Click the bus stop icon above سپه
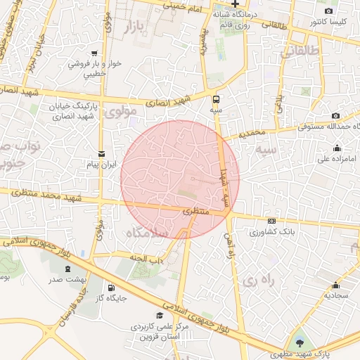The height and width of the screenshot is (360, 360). [215, 99]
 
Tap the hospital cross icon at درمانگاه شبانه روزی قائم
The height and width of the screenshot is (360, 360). [236, 4]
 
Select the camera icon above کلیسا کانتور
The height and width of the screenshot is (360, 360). [328, 11]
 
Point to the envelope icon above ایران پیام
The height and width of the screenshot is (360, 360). [102, 154]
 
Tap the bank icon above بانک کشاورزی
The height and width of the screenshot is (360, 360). [272, 221]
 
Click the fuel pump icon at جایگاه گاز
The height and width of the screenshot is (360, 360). [111, 287]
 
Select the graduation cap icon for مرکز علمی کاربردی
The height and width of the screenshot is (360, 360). [160, 315]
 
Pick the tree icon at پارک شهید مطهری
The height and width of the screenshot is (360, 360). [301, 342]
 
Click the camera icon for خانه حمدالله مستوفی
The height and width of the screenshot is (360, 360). [335, 115]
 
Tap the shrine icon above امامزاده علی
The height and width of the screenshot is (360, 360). [337, 148]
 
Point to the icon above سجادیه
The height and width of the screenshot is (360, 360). [336, 285]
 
